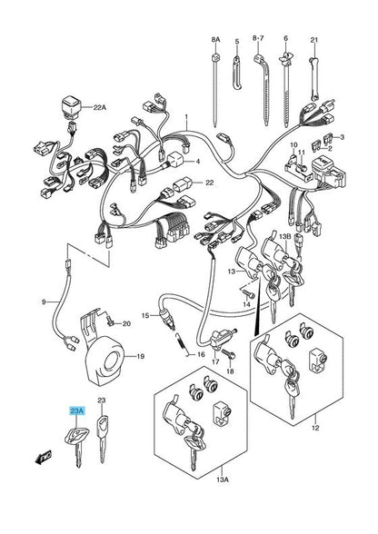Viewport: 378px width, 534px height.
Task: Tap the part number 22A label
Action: tap(100, 107)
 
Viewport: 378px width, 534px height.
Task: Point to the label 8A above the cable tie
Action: tap(215, 41)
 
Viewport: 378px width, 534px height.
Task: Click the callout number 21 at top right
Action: tap(314, 41)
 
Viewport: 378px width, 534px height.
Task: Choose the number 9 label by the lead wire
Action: tap(42, 301)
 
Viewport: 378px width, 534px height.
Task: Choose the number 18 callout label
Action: tap(230, 372)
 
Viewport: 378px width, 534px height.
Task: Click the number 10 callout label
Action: tap(293, 145)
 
